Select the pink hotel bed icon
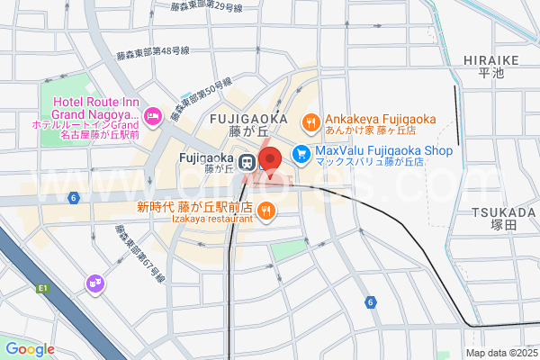pos(152,114)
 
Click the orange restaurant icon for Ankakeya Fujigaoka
pos(310,120)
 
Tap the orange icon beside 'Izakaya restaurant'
pos(266,211)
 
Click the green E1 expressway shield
pos(42,288)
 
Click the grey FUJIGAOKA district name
pos(247,118)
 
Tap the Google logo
pos(30,349)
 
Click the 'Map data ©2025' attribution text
pos(499,353)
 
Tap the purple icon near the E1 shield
pos(94,285)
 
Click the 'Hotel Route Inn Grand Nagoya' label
pos(96,108)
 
